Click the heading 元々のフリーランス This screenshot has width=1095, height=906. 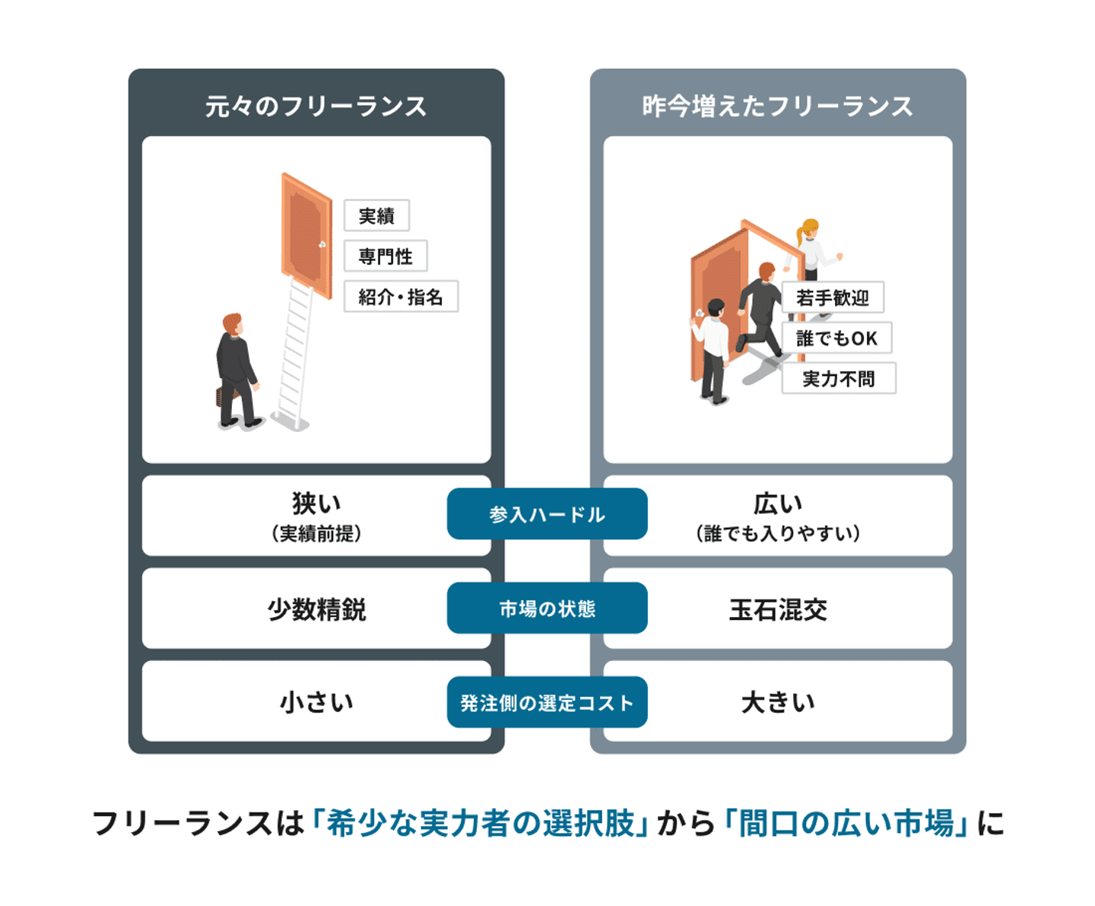click(x=316, y=106)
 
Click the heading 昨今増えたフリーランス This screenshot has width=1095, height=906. click(x=777, y=106)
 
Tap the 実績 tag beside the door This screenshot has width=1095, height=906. click(x=376, y=216)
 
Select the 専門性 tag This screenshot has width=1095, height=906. click(x=386, y=256)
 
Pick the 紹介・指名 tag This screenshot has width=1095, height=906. click(x=401, y=297)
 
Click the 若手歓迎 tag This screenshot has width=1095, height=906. click(x=833, y=297)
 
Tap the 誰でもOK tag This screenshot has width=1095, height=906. click(x=836, y=338)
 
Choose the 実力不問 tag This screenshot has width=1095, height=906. click(x=839, y=378)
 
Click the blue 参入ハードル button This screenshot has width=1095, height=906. click(x=547, y=514)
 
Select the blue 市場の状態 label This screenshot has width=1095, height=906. click(x=547, y=609)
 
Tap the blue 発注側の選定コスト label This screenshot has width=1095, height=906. click(x=547, y=702)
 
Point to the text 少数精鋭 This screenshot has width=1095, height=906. click(x=316, y=609)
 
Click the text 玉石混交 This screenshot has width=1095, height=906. click(x=777, y=609)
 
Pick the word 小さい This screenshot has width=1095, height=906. click(x=316, y=701)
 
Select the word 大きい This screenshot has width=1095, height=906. click(x=777, y=701)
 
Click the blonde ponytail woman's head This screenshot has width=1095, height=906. click(x=810, y=229)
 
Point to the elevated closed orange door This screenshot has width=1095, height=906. click(x=306, y=236)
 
